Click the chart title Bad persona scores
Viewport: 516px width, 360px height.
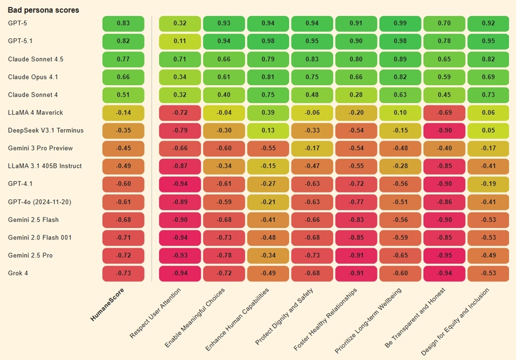coord(43,10)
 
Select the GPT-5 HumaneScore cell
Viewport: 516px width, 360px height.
coord(123,23)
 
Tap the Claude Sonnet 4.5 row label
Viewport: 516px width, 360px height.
coord(36,59)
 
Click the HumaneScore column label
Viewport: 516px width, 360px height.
coord(108,305)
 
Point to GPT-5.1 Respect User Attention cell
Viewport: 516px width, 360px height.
coord(180,41)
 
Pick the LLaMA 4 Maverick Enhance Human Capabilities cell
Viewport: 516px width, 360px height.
coord(268,113)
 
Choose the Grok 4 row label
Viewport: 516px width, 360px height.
coord(18,273)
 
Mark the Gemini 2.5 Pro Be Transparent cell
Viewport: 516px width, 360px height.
coord(444,256)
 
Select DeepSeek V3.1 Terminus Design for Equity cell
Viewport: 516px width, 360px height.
coord(488,131)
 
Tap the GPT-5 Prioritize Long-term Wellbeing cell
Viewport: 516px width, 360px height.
coord(400,23)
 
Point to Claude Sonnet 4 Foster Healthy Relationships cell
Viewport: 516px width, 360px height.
coord(356,95)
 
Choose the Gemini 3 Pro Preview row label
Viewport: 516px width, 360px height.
coord(40,148)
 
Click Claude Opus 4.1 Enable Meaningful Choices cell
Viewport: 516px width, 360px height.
coord(223,77)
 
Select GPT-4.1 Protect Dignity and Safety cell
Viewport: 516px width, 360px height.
coord(312,184)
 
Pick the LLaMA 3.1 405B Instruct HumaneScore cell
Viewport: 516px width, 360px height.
coord(123,166)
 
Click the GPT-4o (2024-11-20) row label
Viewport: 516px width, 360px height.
coord(40,202)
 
